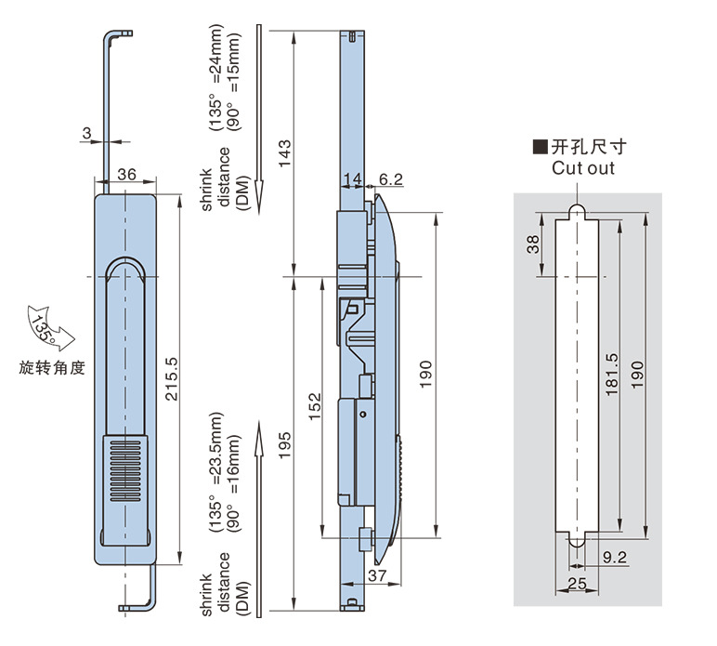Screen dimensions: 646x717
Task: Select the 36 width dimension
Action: (127, 174)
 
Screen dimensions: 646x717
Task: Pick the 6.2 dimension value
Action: (391, 179)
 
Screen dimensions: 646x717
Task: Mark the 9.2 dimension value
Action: (615, 558)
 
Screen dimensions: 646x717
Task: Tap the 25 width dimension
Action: (577, 583)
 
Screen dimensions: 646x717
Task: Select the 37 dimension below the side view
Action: (377, 576)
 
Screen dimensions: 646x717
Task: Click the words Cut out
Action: (583, 168)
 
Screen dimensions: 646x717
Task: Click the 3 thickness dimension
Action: (86, 134)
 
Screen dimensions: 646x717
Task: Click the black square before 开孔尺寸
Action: (539, 147)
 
